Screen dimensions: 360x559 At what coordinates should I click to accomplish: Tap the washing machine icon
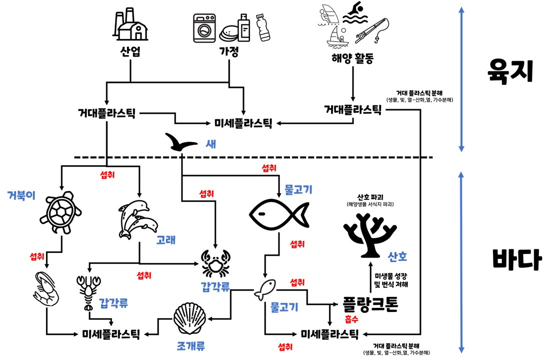click(x=205, y=28)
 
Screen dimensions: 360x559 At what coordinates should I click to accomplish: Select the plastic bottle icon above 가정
click(x=263, y=27)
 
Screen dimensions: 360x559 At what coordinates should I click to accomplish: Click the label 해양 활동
click(x=352, y=60)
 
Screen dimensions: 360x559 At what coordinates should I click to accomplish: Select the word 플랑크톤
click(x=370, y=304)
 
